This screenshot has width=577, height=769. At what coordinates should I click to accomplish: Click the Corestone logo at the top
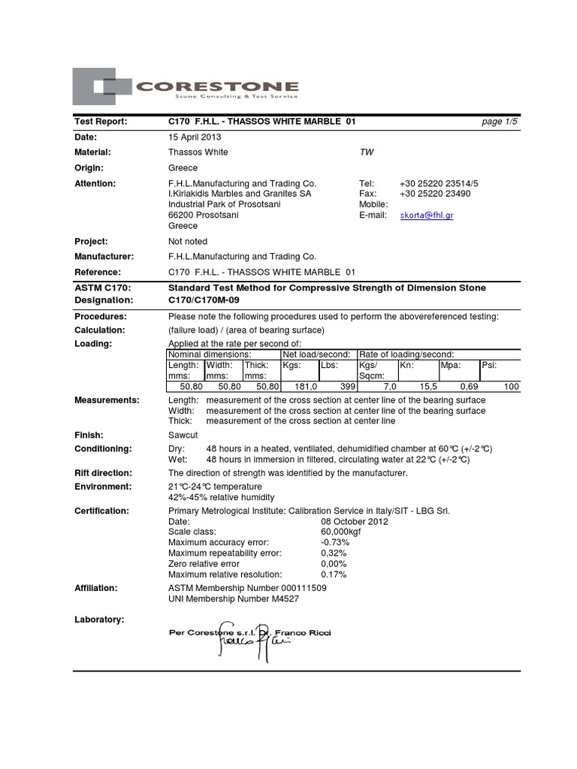click(186, 86)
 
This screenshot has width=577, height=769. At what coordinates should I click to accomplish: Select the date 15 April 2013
click(195, 137)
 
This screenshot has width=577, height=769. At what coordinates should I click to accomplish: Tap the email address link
click(427, 215)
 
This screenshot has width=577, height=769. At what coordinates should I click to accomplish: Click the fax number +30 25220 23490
click(435, 194)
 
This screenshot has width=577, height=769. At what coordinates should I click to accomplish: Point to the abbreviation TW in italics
click(367, 152)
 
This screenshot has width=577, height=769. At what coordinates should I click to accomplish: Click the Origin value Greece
click(183, 167)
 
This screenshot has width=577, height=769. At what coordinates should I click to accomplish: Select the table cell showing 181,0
click(299, 386)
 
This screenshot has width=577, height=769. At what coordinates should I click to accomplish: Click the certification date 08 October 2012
click(355, 521)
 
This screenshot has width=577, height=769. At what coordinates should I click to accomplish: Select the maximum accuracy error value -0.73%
click(334, 542)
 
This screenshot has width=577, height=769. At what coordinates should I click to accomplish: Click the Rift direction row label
click(103, 473)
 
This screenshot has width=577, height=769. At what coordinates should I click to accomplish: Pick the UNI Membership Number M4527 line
click(237, 599)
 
